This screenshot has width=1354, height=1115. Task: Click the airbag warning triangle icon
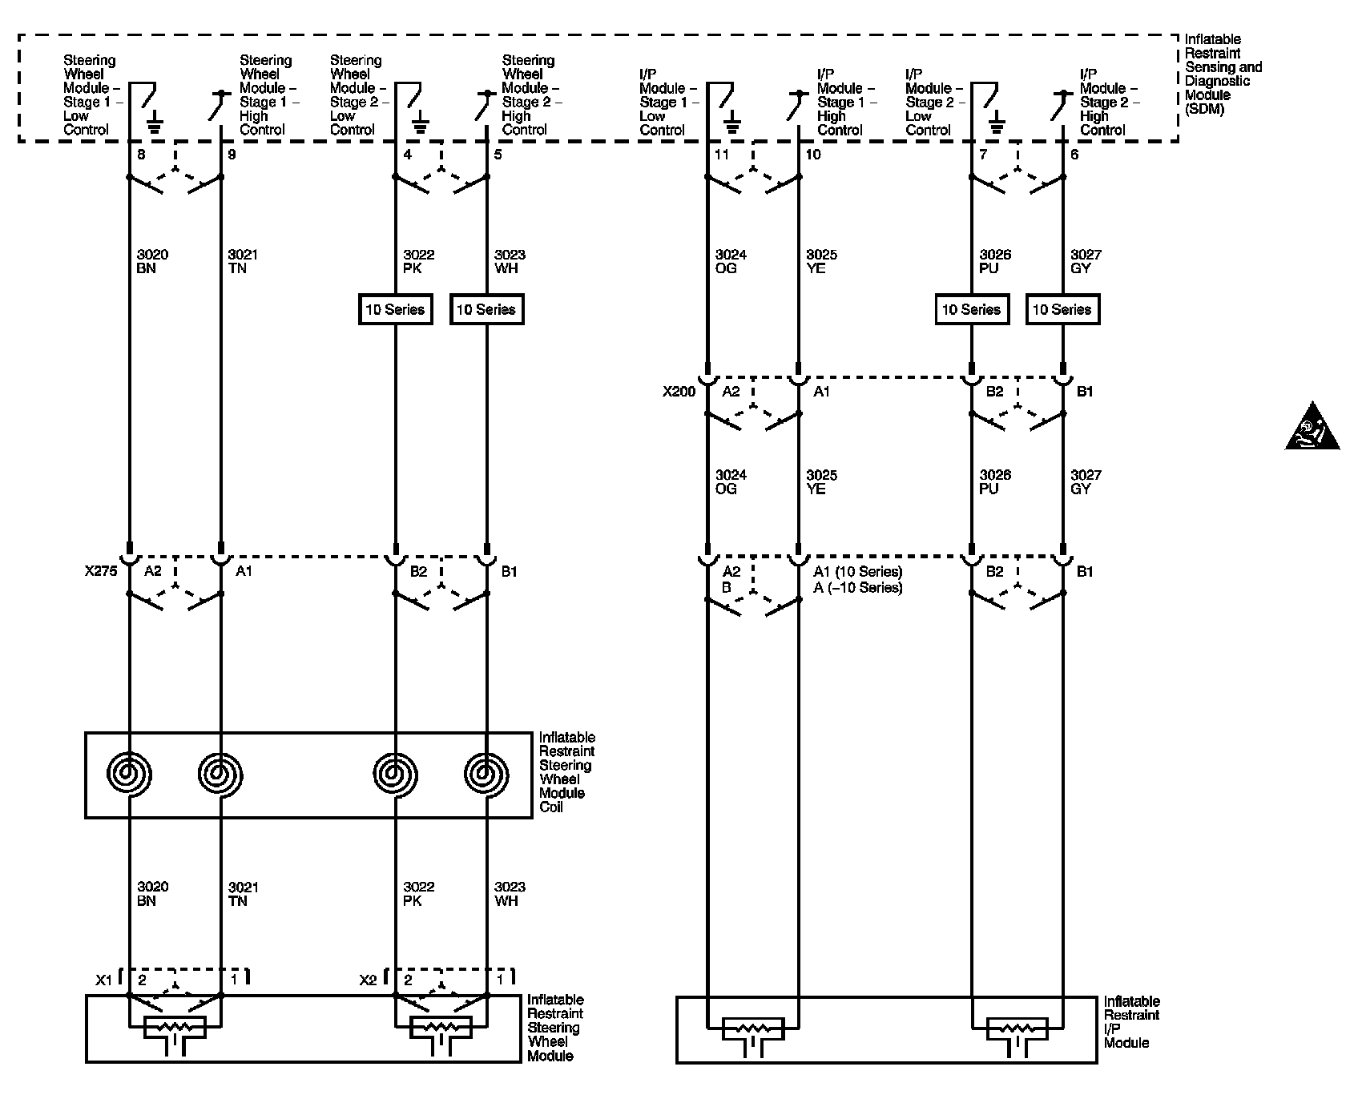1312,427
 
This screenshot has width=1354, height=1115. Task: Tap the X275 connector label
101,572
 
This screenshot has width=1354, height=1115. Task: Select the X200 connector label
679,392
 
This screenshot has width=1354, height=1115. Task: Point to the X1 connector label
104,980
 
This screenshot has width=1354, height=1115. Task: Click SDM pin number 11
722,155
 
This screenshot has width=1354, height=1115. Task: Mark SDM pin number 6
1074,155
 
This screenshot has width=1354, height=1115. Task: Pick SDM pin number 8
142,155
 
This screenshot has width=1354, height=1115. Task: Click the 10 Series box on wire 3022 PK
396,310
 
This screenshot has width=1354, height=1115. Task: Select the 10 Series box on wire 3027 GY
1062,310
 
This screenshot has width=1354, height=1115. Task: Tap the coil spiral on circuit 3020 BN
128,774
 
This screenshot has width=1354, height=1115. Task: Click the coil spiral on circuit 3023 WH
486,774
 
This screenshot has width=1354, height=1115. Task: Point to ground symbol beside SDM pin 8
155,122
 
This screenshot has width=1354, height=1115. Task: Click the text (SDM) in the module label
1205,109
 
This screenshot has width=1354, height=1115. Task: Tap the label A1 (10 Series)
857,572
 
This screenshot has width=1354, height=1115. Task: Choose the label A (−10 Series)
857,588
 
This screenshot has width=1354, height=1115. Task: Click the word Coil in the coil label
551,807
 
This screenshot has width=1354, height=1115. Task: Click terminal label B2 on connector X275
418,572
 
